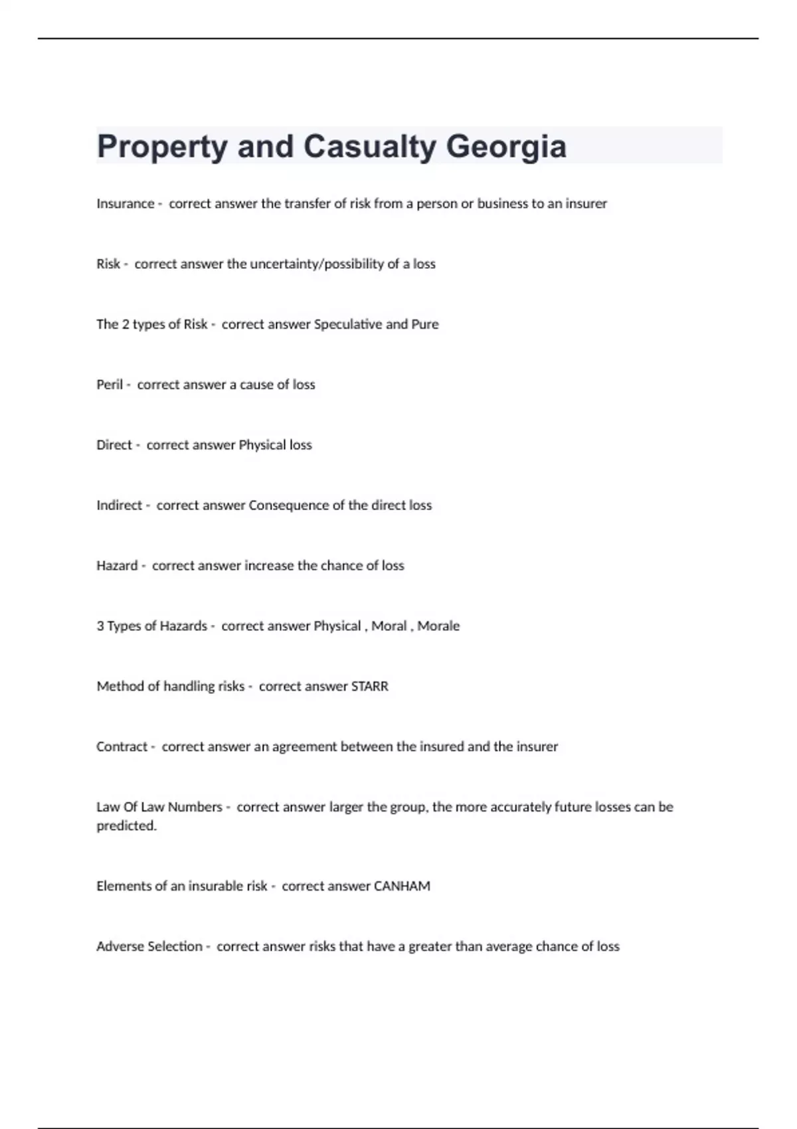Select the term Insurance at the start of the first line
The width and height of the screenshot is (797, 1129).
(125, 204)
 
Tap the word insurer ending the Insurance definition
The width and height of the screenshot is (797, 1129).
(586, 204)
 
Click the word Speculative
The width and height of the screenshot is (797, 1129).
(347, 325)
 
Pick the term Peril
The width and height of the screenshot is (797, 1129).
(109, 385)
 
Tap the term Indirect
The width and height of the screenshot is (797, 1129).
(119, 505)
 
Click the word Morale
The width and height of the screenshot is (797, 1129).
(438, 626)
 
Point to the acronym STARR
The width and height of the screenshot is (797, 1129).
(369, 687)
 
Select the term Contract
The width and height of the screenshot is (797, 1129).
(122, 747)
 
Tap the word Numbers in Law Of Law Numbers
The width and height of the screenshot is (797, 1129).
(195, 808)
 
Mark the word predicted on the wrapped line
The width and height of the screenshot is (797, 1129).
(126, 826)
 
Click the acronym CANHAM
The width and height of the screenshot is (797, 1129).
(402, 887)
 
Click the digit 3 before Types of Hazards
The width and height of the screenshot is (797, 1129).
(100, 626)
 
